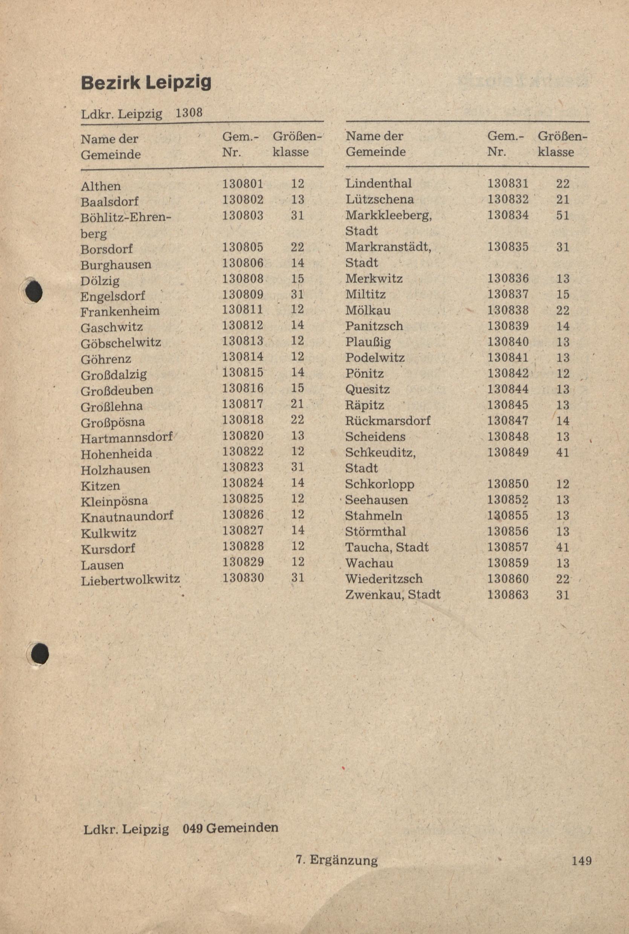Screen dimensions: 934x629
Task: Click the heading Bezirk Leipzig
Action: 146,82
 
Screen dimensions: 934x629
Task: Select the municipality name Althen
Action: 100,186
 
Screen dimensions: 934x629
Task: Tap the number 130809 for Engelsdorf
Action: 243,295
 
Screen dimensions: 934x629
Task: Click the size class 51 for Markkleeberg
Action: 562,215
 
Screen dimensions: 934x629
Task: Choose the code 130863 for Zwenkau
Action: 507,594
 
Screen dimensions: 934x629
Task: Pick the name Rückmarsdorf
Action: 388,421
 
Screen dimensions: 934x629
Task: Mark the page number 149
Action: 582,860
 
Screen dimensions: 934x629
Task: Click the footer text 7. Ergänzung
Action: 337,860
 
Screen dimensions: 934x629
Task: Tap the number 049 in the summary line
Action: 194,828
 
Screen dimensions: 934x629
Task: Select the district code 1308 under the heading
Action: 189,113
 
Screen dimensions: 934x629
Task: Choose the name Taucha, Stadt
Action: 387,547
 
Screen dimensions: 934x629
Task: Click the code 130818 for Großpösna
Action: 243,420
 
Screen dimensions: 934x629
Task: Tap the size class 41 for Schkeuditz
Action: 562,452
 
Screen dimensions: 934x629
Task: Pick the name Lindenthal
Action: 378,183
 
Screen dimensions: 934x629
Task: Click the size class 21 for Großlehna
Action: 297,404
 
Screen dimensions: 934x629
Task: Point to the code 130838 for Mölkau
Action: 507,310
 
